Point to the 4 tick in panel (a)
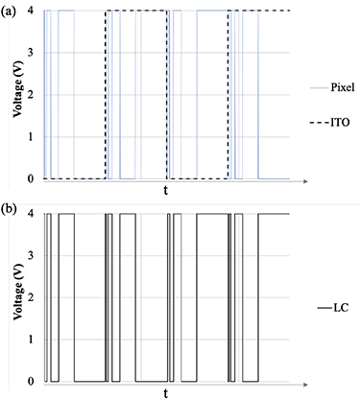[33, 11]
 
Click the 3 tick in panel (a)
[33, 53]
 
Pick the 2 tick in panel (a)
[33, 95]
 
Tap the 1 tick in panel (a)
[33, 137]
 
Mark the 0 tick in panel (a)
[33, 179]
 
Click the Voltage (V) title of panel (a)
[14, 95]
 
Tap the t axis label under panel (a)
[165, 192]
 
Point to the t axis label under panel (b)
[165, 393]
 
